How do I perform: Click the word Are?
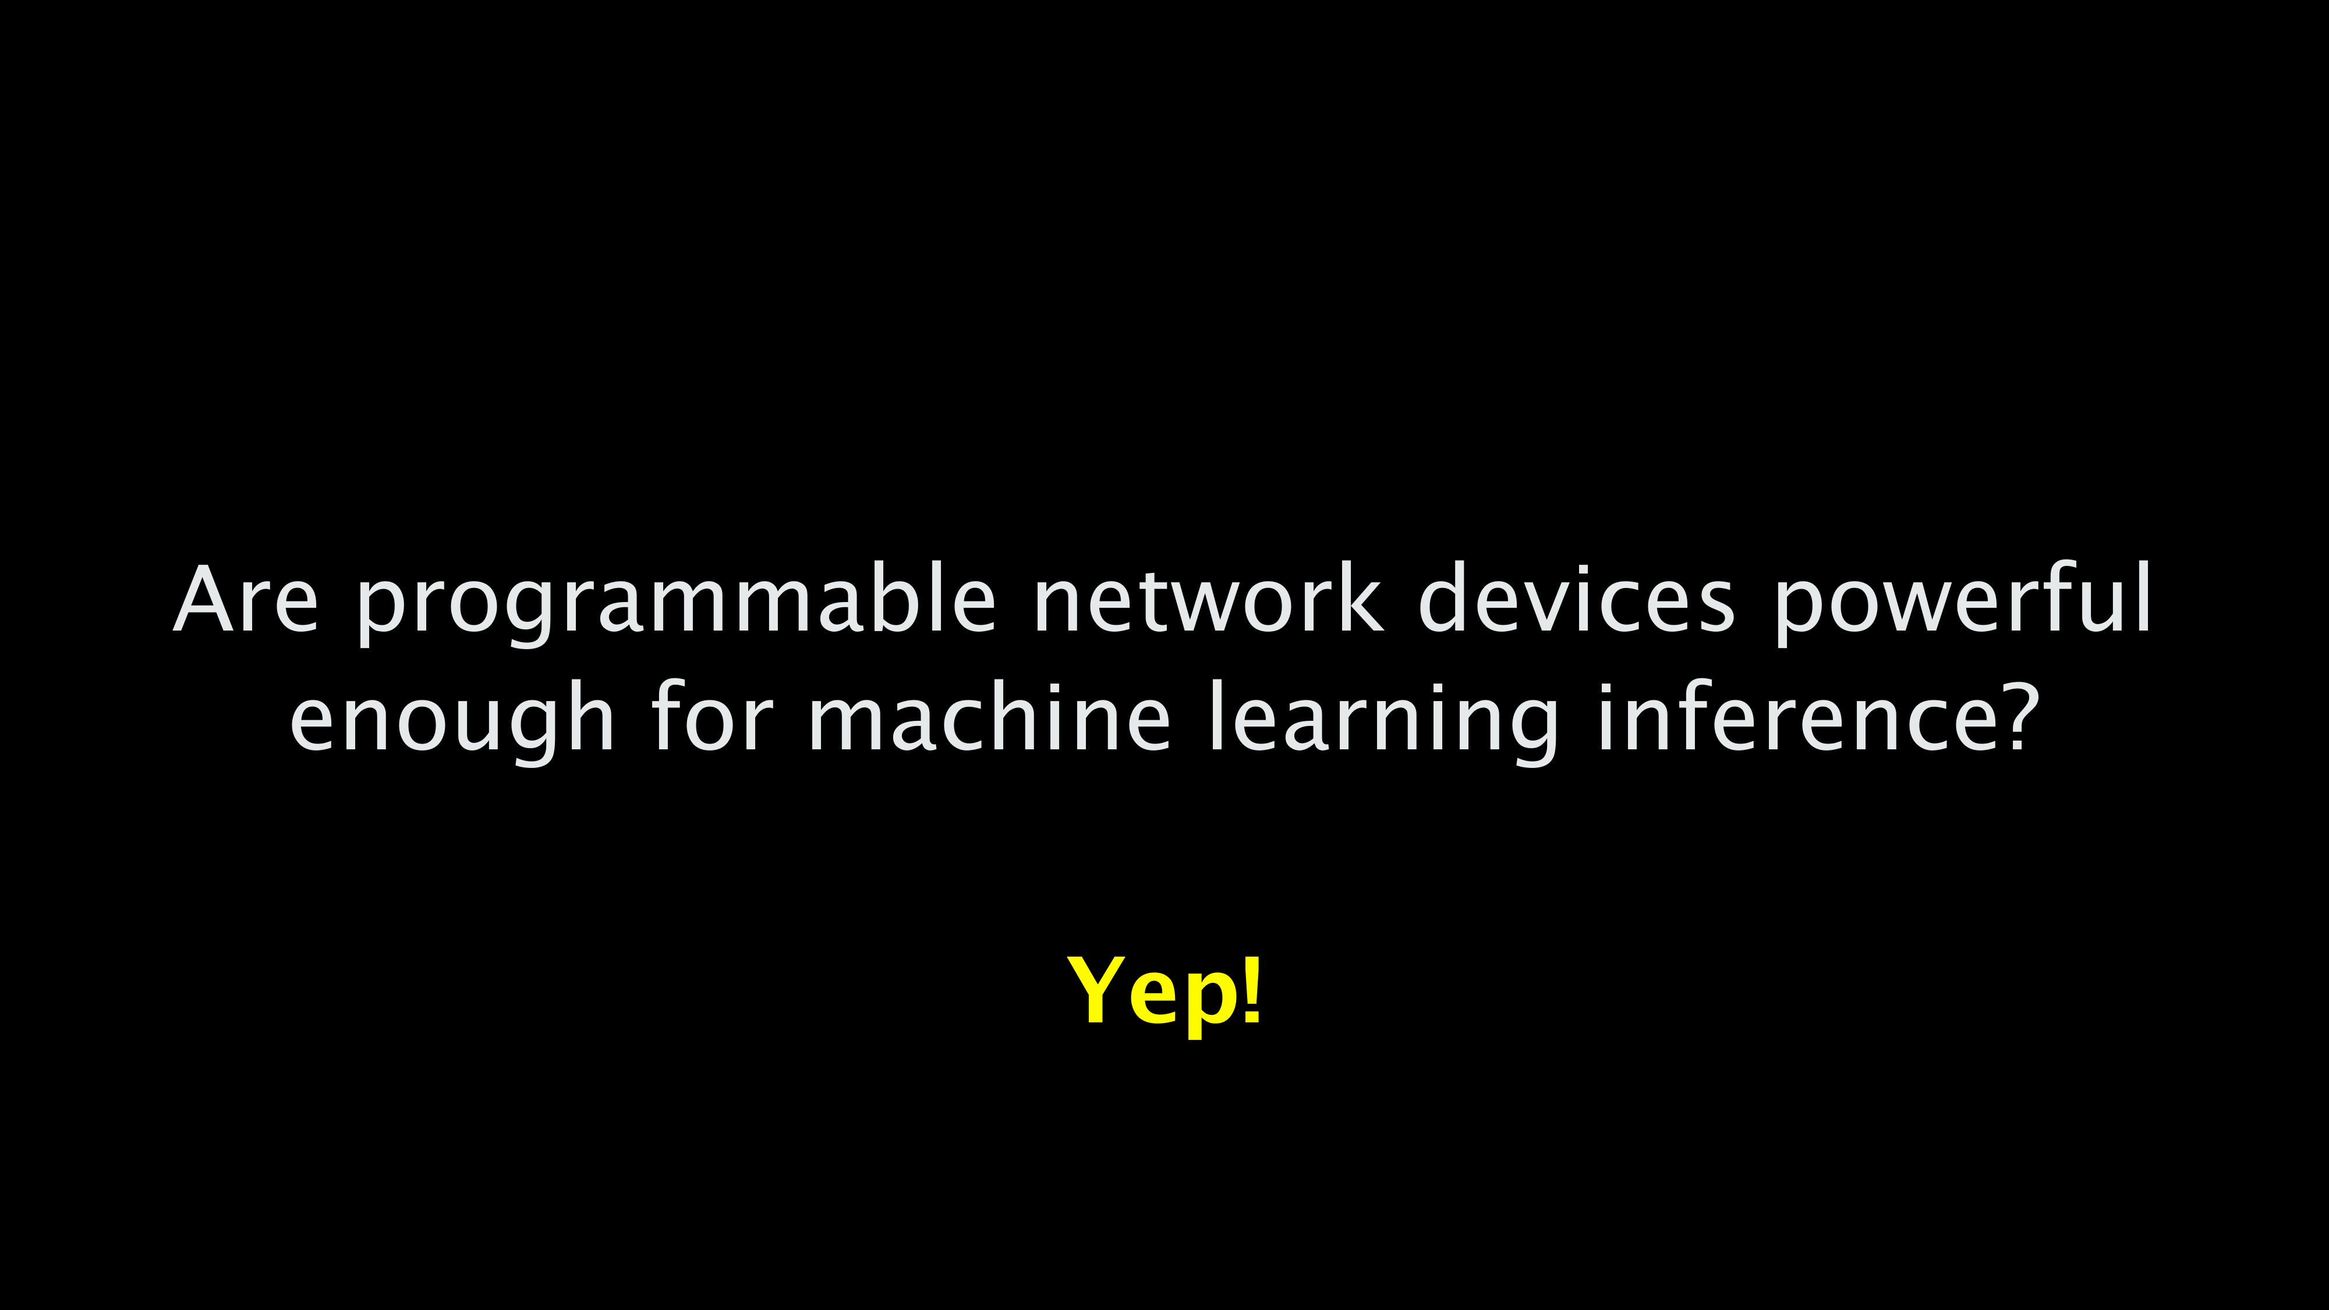coord(246,600)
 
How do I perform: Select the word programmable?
coord(676,603)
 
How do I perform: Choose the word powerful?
coord(1963,603)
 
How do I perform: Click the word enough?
coord(452,721)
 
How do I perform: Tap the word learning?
coord(1383,721)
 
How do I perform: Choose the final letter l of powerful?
coord(2146,597)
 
